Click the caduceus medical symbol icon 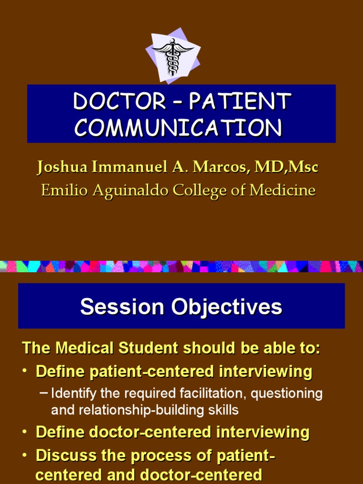click(173, 56)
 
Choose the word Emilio click(60, 190)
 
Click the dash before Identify click(44, 393)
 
